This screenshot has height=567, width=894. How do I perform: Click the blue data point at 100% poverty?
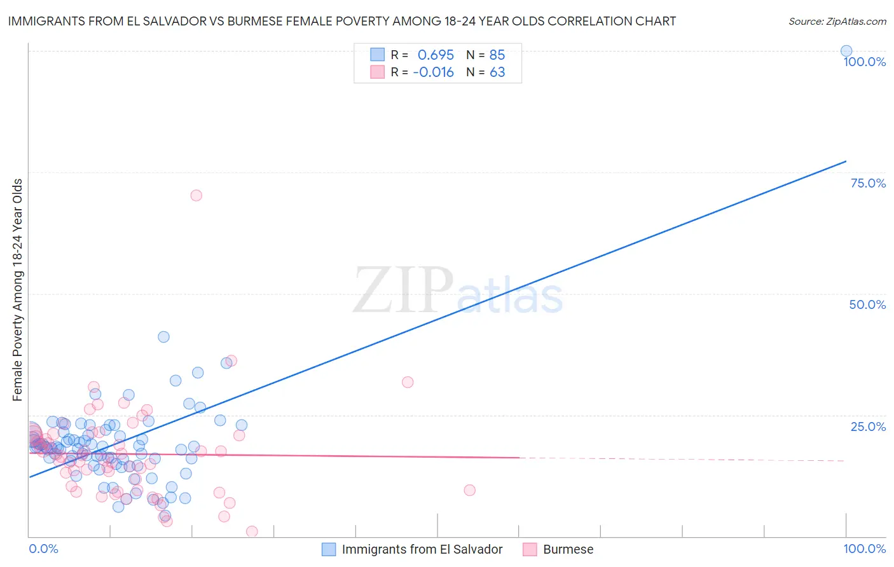(846, 51)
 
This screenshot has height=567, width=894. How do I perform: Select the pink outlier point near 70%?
(196, 195)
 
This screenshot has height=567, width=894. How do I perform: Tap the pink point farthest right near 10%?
(469, 490)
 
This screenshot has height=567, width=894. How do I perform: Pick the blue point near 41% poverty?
(163, 337)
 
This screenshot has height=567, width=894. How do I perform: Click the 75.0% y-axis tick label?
(868, 183)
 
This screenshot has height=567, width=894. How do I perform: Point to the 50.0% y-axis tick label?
(867, 304)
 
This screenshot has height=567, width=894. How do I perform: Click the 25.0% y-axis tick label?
(868, 427)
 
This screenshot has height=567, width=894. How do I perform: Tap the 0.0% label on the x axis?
(43, 549)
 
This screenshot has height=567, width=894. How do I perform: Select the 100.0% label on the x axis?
(864, 549)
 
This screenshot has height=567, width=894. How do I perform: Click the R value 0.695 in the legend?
(436, 55)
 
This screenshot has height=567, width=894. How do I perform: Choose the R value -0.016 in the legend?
(433, 72)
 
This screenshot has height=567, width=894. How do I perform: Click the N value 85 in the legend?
(497, 55)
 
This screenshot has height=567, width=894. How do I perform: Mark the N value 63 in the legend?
(497, 72)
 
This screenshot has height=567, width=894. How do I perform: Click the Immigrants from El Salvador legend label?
(422, 549)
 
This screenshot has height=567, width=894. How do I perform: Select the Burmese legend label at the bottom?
(568, 549)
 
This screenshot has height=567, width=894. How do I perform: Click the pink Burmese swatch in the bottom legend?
(530, 549)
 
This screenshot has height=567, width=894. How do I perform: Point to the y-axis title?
(17, 290)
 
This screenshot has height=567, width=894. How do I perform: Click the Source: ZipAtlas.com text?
(837, 21)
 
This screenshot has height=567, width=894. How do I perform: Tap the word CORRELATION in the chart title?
(584, 21)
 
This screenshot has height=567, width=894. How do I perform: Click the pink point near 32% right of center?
(408, 382)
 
